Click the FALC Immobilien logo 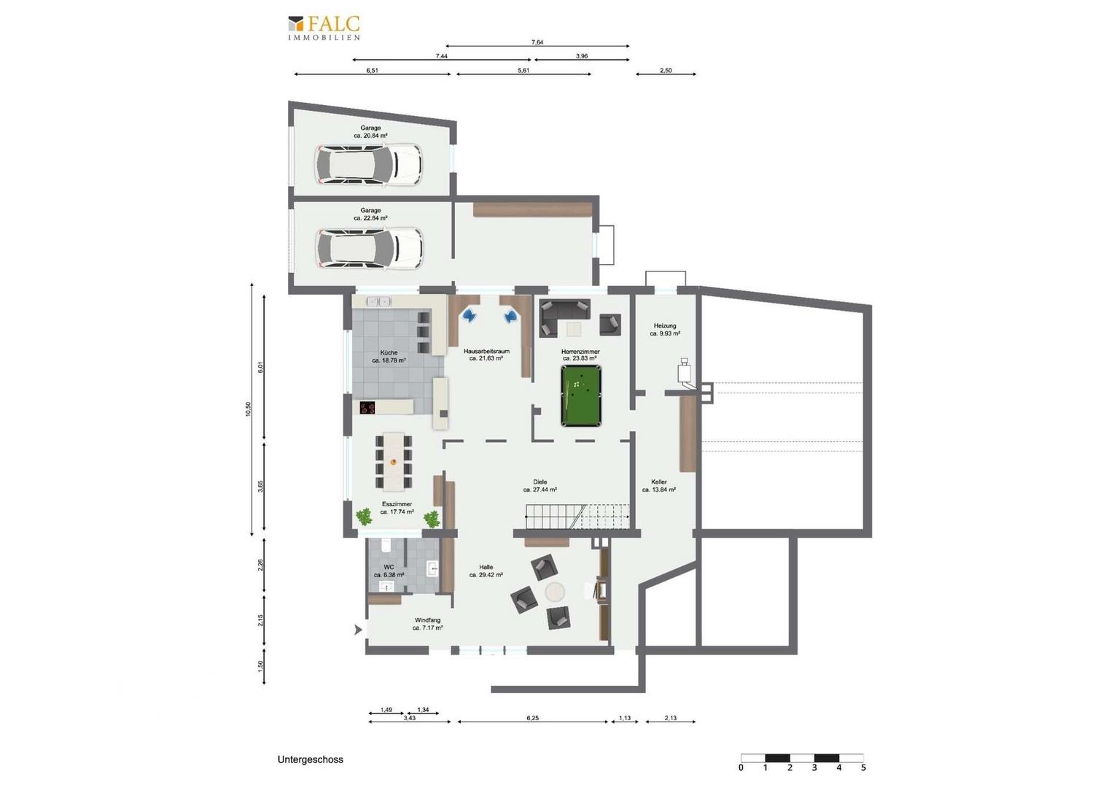324,28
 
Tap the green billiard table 581,395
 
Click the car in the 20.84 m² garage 368,165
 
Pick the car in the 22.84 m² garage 370,249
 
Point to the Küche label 389,352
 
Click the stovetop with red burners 367,408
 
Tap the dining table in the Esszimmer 394,461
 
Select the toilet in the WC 386,546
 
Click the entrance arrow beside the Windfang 358,630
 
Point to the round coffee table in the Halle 555,592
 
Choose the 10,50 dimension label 248,409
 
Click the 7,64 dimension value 537,42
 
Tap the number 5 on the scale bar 863,768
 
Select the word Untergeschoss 311,760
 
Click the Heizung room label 665,325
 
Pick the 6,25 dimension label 533,718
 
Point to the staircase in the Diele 577,517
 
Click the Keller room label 659,482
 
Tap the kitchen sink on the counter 378,301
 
